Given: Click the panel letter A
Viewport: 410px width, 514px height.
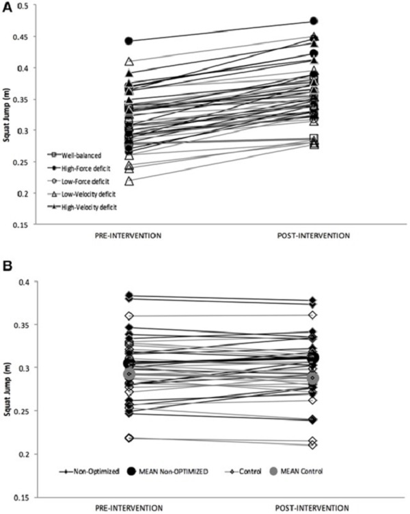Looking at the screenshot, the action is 8,8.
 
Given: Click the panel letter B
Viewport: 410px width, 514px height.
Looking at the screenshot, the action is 8,266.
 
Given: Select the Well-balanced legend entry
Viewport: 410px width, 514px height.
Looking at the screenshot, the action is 75,155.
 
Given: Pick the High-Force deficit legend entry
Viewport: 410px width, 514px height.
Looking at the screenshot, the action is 79,168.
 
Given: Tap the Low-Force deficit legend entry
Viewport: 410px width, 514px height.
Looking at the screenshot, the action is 79,181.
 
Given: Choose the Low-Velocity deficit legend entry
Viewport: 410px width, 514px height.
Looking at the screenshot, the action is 81,194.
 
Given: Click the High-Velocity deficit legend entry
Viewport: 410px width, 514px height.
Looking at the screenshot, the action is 82,207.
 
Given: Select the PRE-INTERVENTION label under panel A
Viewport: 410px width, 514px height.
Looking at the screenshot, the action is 128,235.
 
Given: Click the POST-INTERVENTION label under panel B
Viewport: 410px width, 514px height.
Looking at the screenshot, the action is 312,508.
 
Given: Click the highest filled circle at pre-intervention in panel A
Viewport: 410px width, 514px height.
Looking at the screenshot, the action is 129,41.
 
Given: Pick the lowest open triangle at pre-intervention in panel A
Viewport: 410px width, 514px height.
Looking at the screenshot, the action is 129,181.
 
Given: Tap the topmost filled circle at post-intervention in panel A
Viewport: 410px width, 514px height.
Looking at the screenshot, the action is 314,21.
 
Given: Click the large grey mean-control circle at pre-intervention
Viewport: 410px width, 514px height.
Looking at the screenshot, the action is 129,374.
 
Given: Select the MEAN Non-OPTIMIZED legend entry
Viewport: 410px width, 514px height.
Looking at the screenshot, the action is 167,472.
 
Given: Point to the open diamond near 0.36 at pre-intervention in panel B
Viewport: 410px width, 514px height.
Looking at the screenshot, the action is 129,316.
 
